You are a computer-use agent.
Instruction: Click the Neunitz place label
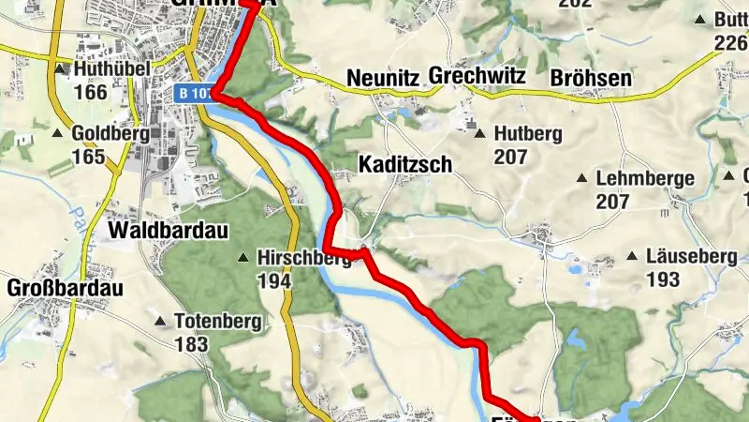point(382,77)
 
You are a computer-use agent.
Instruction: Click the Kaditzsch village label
point(405,164)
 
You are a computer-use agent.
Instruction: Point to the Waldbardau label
point(169,230)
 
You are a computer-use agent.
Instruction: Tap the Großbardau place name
point(65,288)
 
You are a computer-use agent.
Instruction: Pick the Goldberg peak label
point(110,134)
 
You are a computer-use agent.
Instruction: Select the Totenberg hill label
point(217,322)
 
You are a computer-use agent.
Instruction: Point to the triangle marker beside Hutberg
point(480,134)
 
